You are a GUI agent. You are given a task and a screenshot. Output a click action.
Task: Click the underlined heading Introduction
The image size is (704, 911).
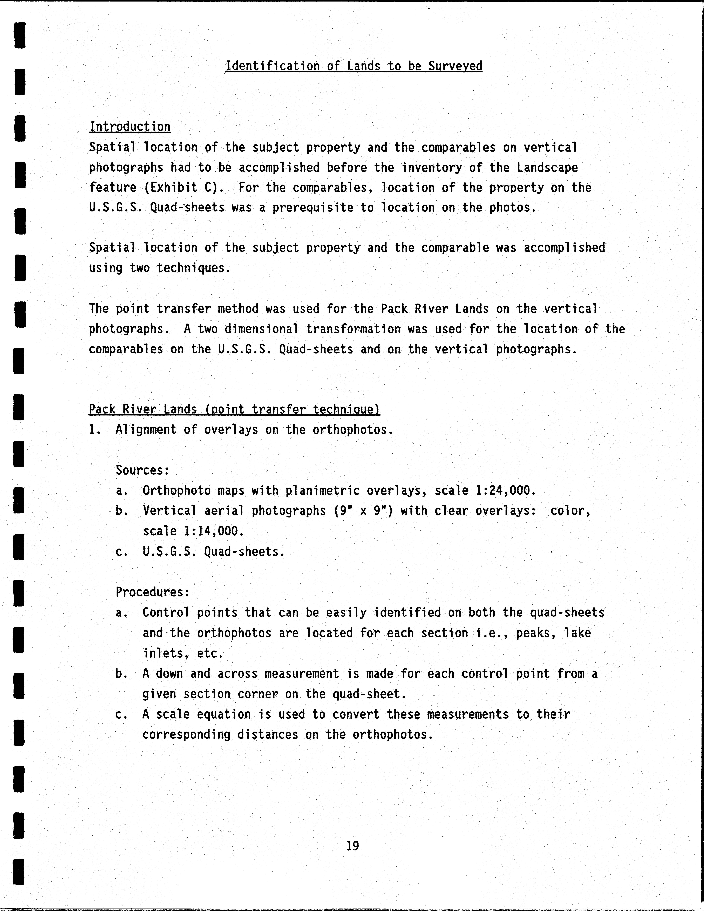pyautogui.click(x=130, y=127)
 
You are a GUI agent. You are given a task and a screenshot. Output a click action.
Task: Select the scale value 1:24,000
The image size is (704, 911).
pyautogui.click(x=506, y=491)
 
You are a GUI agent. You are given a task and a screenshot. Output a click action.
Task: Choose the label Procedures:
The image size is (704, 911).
pyautogui.click(x=153, y=592)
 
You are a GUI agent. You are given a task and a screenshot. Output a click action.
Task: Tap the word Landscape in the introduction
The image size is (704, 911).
pyautogui.click(x=547, y=168)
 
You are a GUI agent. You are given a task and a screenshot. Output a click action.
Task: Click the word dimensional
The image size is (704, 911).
pyautogui.click(x=261, y=329)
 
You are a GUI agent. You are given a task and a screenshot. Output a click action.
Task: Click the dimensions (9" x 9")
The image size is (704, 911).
pyautogui.click(x=363, y=511)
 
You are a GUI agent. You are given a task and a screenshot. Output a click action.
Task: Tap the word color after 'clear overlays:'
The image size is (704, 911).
pyautogui.click(x=570, y=511)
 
